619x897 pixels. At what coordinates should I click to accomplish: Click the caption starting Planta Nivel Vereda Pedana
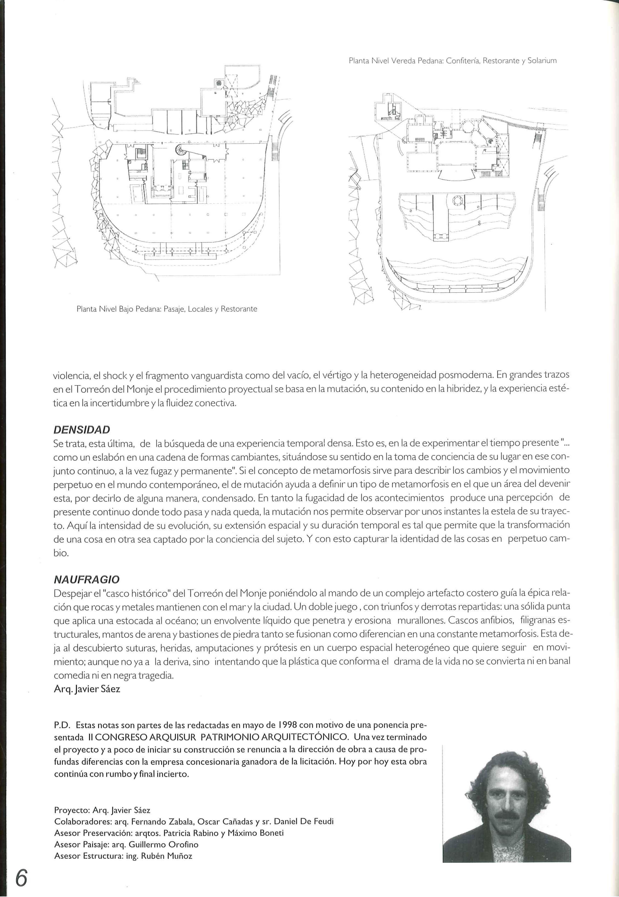(x=453, y=61)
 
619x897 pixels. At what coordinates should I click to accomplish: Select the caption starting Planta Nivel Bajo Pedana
(x=167, y=309)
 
